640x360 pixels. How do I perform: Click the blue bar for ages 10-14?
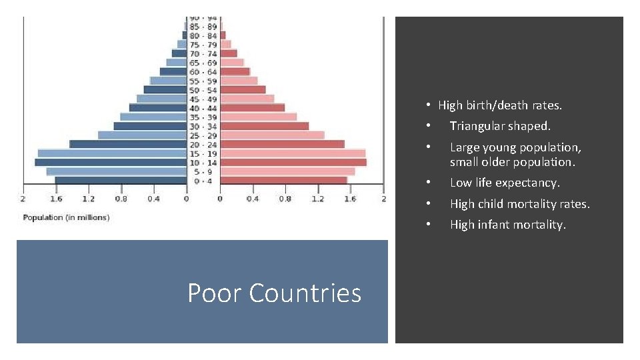tap(111, 162)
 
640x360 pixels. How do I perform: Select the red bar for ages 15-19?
tap(293, 153)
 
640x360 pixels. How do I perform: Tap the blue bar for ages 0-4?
tap(121, 180)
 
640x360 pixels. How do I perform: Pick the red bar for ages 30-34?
tap(264, 126)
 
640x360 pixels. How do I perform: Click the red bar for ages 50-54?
tap(243, 90)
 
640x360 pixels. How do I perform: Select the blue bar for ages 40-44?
tap(158, 108)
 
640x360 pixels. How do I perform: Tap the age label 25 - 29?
tap(203, 135)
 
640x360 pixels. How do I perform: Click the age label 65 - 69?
tap(203, 63)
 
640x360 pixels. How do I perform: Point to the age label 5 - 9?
tap(203, 171)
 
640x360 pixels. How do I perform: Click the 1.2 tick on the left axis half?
tap(88, 199)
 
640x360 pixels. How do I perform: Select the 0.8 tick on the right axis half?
tap(285, 199)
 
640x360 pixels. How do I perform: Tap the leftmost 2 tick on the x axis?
tap(23, 199)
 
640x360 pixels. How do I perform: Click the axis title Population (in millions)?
tap(66, 217)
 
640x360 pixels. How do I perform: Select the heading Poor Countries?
tap(274, 293)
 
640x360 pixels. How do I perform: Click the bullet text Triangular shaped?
tap(500, 126)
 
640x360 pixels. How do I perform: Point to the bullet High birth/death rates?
tap(500, 105)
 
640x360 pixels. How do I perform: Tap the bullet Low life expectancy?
tap(505, 183)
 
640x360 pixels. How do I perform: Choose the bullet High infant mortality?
tap(507, 225)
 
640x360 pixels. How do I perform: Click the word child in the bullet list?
tap(491, 204)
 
